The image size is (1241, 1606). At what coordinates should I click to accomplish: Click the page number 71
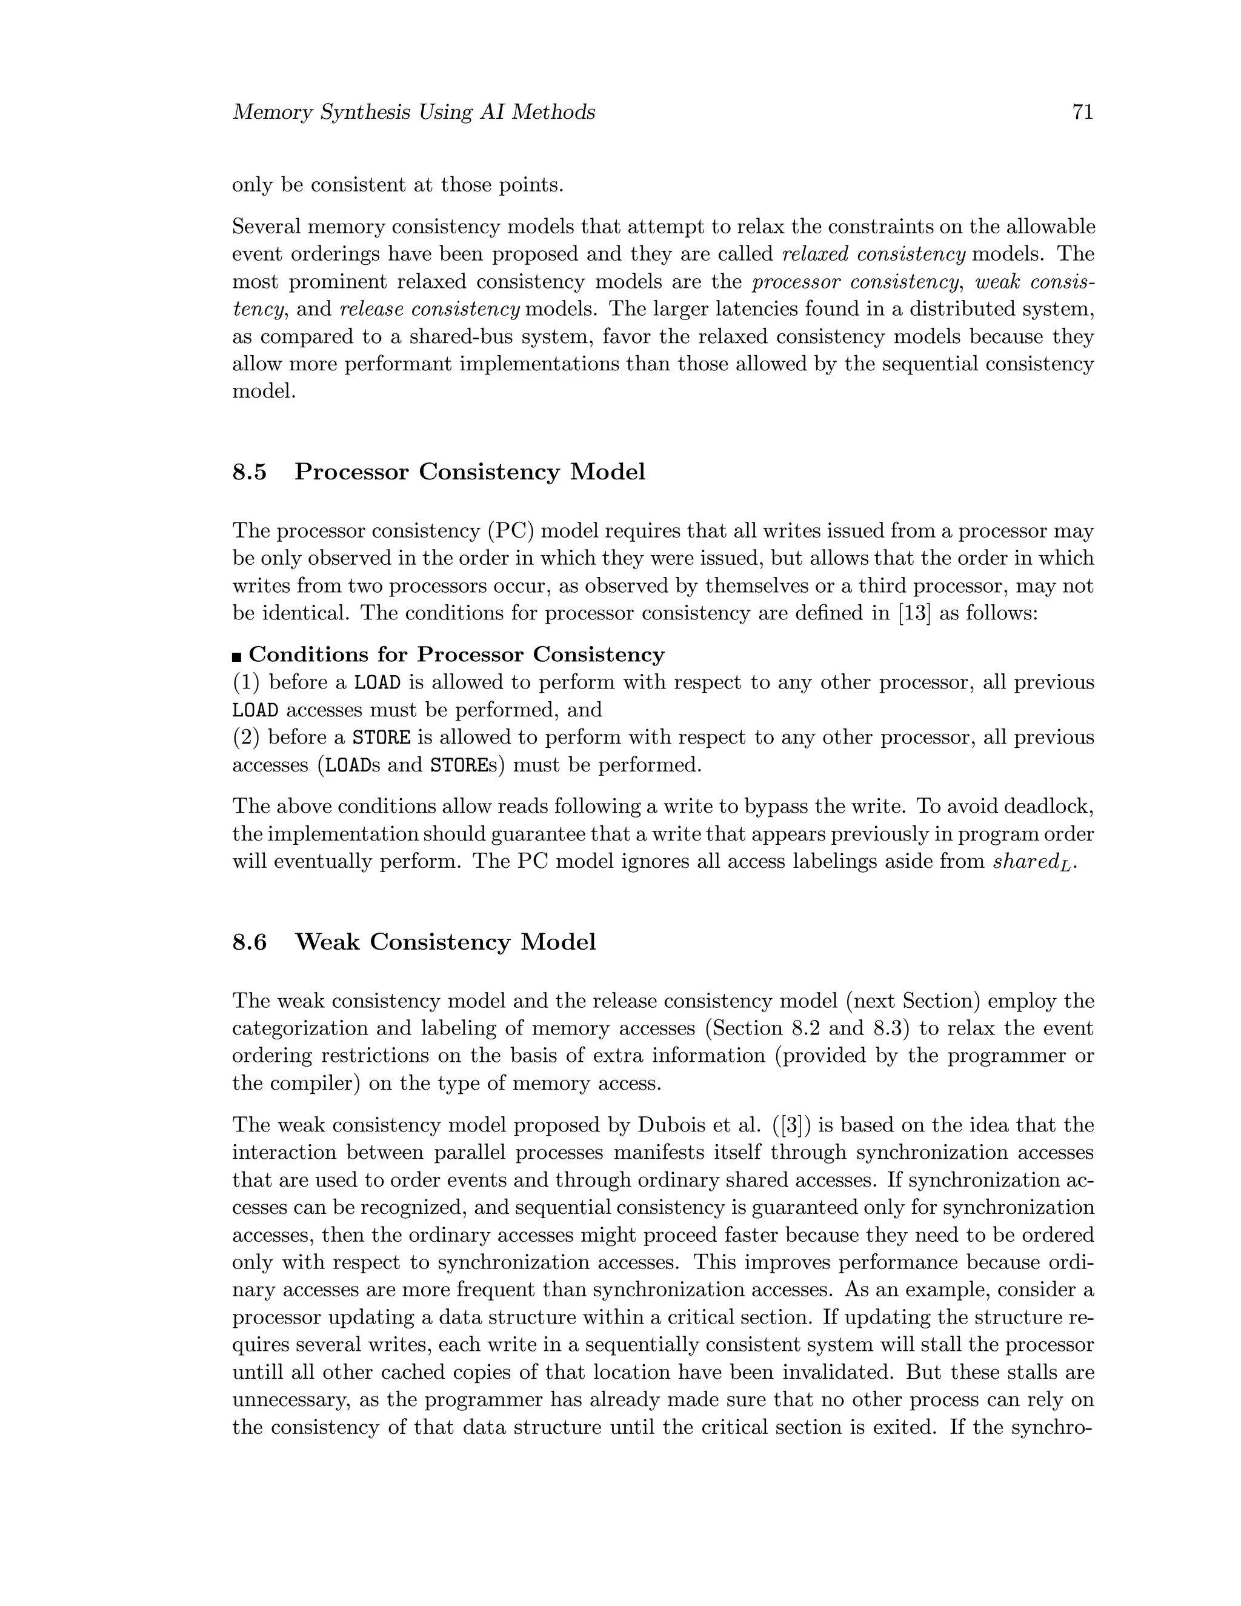point(1083,113)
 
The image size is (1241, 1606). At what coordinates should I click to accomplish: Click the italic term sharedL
point(1033,862)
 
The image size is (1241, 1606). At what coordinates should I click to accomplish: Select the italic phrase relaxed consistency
point(873,255)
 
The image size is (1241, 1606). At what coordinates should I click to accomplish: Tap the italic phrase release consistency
point(430,310)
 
